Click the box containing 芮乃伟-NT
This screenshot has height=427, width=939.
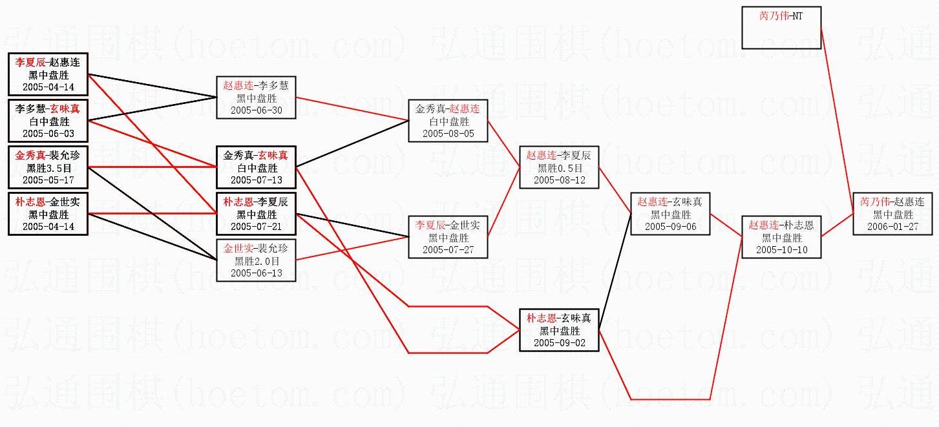[781, 28]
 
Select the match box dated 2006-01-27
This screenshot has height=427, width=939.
[892, 214]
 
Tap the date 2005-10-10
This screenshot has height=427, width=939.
[781, 250]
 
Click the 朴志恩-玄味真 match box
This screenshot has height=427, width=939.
[559, 331]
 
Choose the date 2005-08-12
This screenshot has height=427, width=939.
[559, 180]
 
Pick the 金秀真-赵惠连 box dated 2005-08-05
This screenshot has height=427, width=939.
[448, 121]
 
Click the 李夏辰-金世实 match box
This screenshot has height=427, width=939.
[448, 237]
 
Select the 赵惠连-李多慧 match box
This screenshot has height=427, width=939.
[257, 98]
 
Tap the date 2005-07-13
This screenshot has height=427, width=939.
[257, 180]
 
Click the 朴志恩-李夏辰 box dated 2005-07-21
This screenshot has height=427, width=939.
[257, 214]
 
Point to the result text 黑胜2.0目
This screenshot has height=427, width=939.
[257, 262]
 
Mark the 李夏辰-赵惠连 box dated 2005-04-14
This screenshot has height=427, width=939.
[48, 74]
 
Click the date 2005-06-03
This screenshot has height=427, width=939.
[48, 134]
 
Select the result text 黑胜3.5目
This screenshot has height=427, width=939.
[48, 168]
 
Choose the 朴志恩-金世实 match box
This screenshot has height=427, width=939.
[48, 214]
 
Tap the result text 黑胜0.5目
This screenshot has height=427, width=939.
[559, 168]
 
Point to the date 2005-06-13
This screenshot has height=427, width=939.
[257, 273]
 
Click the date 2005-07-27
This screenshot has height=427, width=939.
[448, 250]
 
